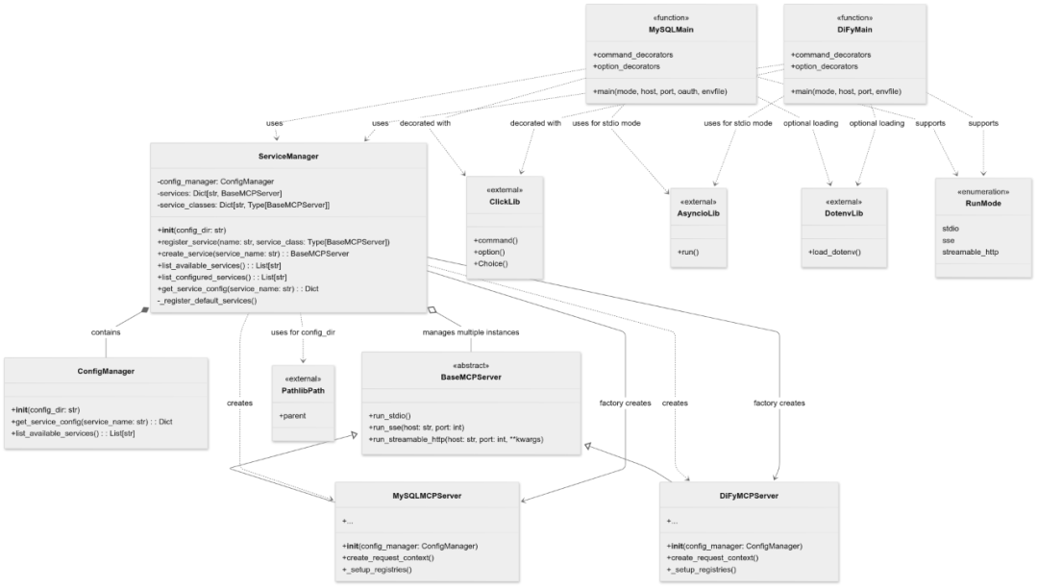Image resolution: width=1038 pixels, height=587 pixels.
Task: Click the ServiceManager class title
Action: coord(288,157)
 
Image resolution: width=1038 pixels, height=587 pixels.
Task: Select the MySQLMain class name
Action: coord(671,30)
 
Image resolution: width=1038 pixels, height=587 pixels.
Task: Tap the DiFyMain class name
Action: coord(854,30)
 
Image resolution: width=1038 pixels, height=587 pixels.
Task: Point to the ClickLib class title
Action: coord(505,202)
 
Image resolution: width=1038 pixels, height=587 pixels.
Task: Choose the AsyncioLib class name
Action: coord(699,213)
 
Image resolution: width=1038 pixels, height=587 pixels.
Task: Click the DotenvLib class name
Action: coord(844,213)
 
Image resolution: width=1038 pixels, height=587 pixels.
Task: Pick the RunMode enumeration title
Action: coord(983,203)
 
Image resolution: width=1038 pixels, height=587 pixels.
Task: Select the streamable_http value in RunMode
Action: coord(970,252)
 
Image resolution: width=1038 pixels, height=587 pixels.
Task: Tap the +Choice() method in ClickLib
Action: coord(490,263)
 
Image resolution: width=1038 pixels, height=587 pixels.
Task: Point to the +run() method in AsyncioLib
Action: coord(688,252)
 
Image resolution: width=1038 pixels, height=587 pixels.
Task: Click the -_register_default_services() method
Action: coord(208,301)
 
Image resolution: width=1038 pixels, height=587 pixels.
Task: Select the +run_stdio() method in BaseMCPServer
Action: coord(389,416)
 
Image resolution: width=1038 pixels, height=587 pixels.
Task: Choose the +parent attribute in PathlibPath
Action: coord(292,416)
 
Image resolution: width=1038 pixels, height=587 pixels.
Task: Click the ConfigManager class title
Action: coord(106,371)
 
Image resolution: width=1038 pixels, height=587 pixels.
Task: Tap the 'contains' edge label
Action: coord(106,332)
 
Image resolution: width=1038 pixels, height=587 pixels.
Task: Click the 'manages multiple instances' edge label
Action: coord(471,332)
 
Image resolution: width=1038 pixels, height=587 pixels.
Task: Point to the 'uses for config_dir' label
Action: coord(303,332)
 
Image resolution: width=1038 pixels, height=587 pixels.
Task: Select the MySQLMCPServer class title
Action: coord(427,496)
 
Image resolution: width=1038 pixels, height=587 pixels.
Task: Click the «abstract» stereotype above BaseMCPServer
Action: coord(471,365)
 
